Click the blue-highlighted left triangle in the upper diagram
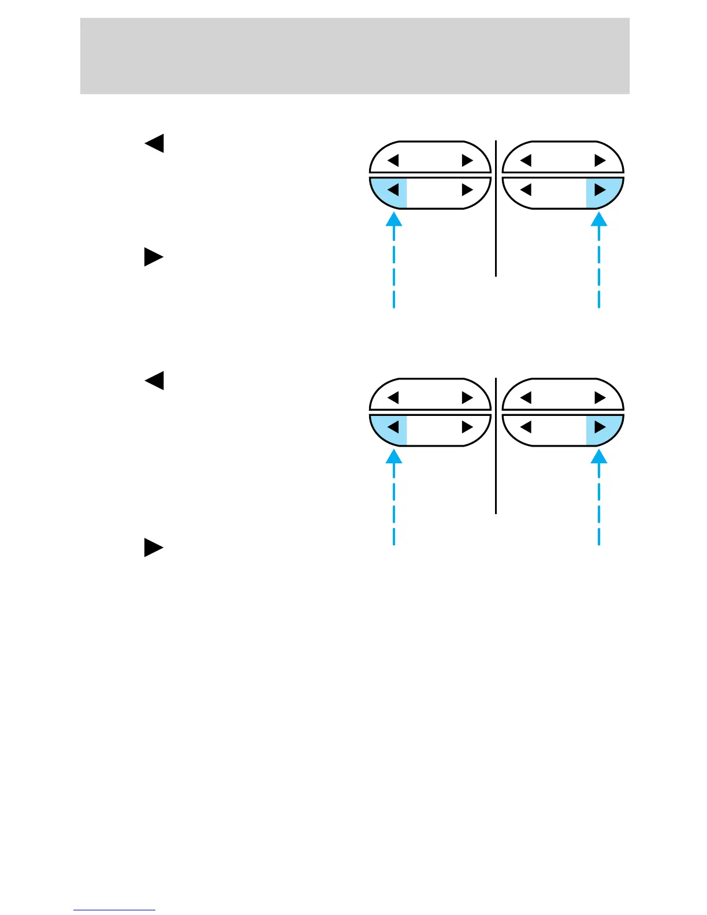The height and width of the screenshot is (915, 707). (393, 189)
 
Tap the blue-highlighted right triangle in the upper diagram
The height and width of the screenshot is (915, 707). (600, 189)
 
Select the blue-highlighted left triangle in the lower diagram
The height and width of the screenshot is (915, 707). (393, 427)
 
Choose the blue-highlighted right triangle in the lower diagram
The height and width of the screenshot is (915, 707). (600, 427)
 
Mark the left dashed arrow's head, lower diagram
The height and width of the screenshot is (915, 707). (394, 457)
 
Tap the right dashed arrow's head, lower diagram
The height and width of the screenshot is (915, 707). (599, 457)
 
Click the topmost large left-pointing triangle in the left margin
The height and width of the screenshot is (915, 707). (154, 143)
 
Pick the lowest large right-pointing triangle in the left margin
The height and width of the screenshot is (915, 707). (153, 547)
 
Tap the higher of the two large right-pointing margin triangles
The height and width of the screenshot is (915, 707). (153, 256)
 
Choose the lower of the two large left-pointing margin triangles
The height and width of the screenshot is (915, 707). (154, 381)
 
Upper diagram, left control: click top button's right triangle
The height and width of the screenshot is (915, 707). (467, 160)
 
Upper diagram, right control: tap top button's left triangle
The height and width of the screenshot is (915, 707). (526, 160)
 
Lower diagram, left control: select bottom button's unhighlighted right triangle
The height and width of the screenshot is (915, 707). (467, 427)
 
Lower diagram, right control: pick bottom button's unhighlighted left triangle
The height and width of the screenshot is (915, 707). (526, 427)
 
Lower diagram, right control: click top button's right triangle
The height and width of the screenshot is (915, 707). (600, 398)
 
